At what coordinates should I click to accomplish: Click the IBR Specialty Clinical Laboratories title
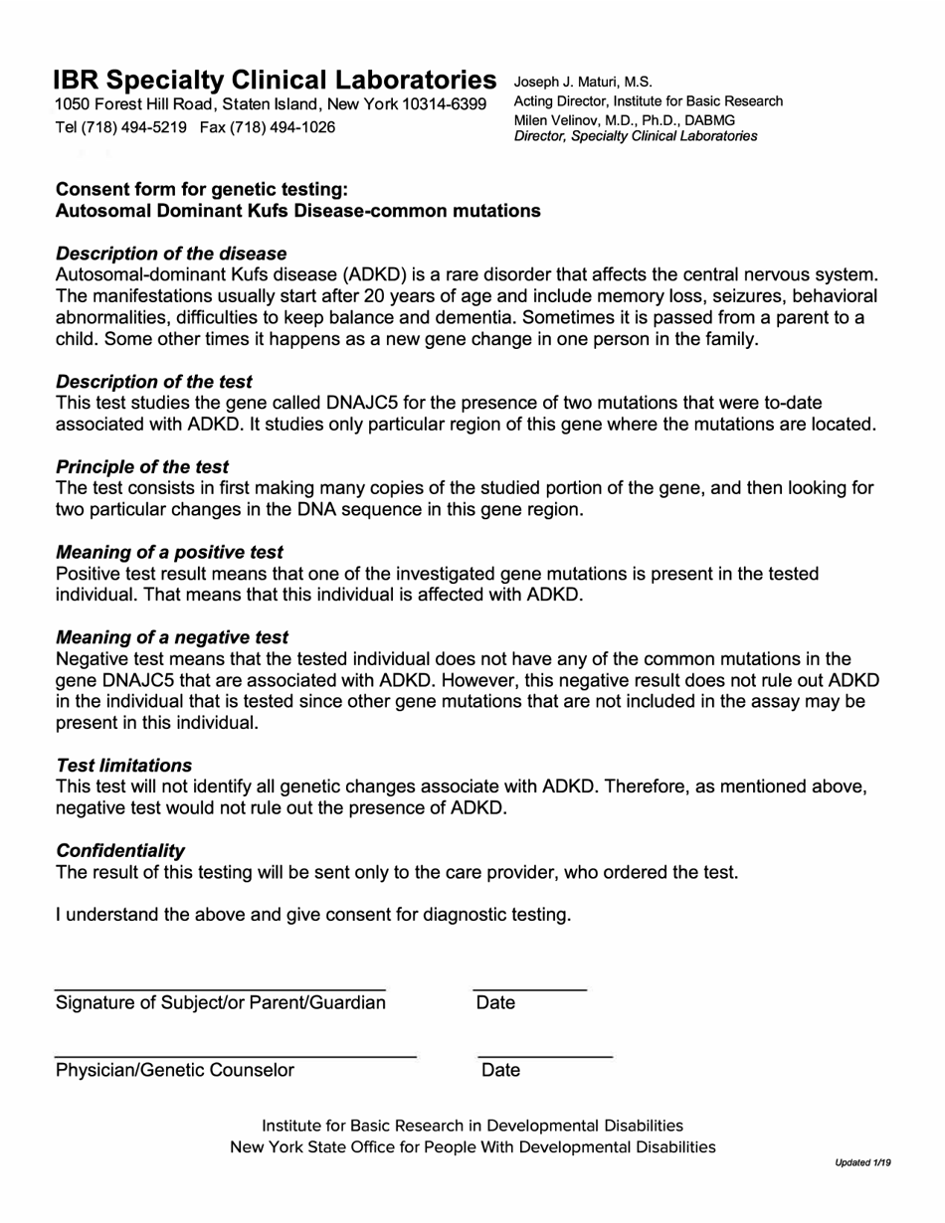pyautogui.click(x=275, y=80)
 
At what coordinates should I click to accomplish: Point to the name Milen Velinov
pyautogui.click(x=558, y=119)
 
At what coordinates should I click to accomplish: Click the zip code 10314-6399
pyautogui.click(x=445, y=104)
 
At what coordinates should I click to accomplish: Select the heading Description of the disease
pyautogui.click(x=171, y=254)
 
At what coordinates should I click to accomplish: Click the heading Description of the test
pyautogui.click(x=154, y=382)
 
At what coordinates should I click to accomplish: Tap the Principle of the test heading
pyautogui.click(x=142, y=466)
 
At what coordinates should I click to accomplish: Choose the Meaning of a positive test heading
pyautogui.click(x=169, y=552)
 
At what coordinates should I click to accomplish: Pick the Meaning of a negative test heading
pyautogui.click(x=172, y=637)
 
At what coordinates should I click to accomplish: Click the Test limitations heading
pyautogui.click(x=124, y=766)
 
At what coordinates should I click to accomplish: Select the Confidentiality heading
pyautogui.click(x=120, y=850)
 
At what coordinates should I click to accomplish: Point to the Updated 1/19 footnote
pyautogui.click(x=862, y=1162)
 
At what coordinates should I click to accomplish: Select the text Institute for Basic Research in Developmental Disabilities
pyautogui.click(x=472, y=1126)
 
